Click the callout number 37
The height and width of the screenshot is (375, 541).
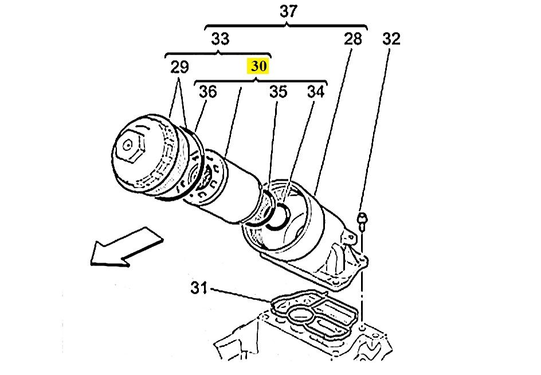coord(288,11)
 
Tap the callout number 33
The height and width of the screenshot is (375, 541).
coord(220,38)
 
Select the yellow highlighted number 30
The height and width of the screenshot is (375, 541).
coord(258,66)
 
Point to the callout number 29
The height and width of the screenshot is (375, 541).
coord(179,67)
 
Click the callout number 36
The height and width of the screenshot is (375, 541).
coord(208,92)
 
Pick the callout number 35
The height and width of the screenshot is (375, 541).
coord(278,92)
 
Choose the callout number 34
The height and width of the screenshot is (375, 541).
coord(316,92)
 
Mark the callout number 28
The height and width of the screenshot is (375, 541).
coord(352,38)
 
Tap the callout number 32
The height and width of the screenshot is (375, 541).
coord(391,38)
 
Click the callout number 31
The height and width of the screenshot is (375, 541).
coord(199,288)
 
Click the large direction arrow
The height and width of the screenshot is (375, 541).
coord(126,247)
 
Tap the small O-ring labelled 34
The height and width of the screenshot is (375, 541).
coord(279,216)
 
